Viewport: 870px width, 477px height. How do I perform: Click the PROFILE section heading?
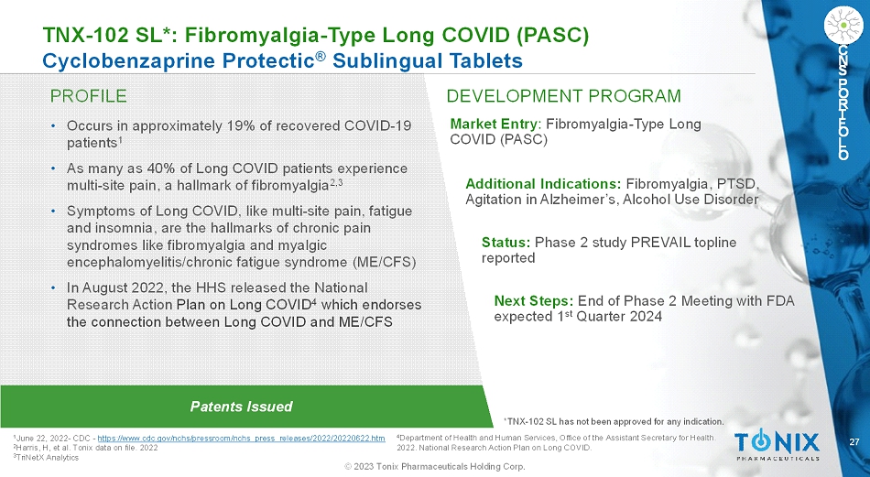[88, 96]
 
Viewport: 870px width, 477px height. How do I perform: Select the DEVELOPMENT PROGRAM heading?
[563, 96]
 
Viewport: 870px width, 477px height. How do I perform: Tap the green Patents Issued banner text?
[241, 407]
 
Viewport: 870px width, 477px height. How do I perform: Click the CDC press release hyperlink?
[241, 439]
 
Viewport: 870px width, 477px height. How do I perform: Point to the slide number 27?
[854, 442]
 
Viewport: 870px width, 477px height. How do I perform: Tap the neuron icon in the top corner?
[843, 24]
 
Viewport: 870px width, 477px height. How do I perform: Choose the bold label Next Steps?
[534, 301]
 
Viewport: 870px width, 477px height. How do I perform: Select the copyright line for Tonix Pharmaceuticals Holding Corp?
[435, 466]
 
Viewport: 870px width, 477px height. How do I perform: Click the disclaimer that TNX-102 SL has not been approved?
[614, 421]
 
